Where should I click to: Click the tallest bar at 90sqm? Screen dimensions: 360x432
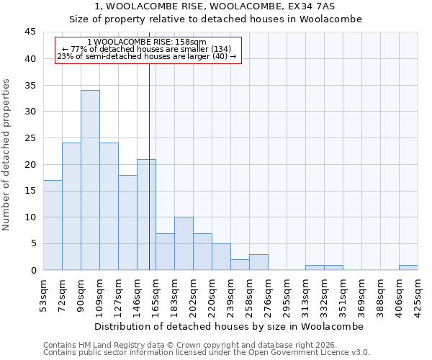tap(90, 180)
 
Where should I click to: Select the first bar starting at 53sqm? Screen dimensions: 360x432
tap(53, 225)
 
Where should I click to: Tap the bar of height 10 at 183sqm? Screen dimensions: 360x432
tap(184, 243)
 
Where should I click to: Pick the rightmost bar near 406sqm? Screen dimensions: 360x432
tap(408, 267)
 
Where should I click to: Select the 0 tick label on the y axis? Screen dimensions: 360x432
tap(33, 270)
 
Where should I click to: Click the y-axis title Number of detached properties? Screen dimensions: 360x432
tap(7, 155)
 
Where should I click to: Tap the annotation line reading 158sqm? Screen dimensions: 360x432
tap(147, 42)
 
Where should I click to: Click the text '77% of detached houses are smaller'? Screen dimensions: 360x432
tap(147, 49)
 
